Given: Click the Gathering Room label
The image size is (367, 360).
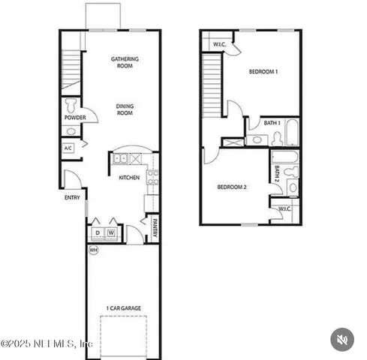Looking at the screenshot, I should pyautogui.click(x=125, y=62).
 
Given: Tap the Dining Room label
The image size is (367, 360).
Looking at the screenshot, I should pyautogui.click(x=125, y=109).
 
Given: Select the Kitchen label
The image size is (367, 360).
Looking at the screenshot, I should pyautogui.click(x=129, y=178).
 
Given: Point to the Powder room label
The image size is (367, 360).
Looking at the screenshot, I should pyautogui.click(x=75, y=118).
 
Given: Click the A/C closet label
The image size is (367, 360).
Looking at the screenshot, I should pyautogui.click(x=68, y=148).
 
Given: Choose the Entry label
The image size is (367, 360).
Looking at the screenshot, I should pyautogui.click(x=72, y=198).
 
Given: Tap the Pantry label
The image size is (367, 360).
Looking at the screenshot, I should pyautogui.click(x=155, y=226).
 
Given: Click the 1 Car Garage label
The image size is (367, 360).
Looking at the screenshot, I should pyautogui.click(x=124, y=307).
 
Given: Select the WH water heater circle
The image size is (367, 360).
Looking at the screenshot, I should pyautogui.click(x=94, y=250).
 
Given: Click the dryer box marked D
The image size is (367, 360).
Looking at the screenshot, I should pyautogui.click(x=98, y=233).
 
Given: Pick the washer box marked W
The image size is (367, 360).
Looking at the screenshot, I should pyautogui.click(x=111, y=233).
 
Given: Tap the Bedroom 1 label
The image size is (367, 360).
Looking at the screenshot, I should pyautogui.click(x=264, y=72).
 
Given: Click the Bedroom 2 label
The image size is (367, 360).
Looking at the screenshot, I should pyautogui.click(x=233, y=187).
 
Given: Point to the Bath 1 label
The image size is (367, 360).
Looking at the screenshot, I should pyautogui.click(x=272, y=123).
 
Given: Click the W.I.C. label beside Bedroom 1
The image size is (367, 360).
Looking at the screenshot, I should pyautogui.click(x=219, y=44).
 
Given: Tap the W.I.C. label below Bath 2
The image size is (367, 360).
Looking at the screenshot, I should pyautogui.click(x=285, y=208).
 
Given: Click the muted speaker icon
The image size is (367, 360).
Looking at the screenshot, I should pyautogui.click(x=342, y=340).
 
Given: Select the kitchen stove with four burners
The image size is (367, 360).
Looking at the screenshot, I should pyautogui.click(x=152, y=178).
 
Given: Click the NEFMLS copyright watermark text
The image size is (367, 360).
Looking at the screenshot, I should pyautogui.click(x=47, y=343).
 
